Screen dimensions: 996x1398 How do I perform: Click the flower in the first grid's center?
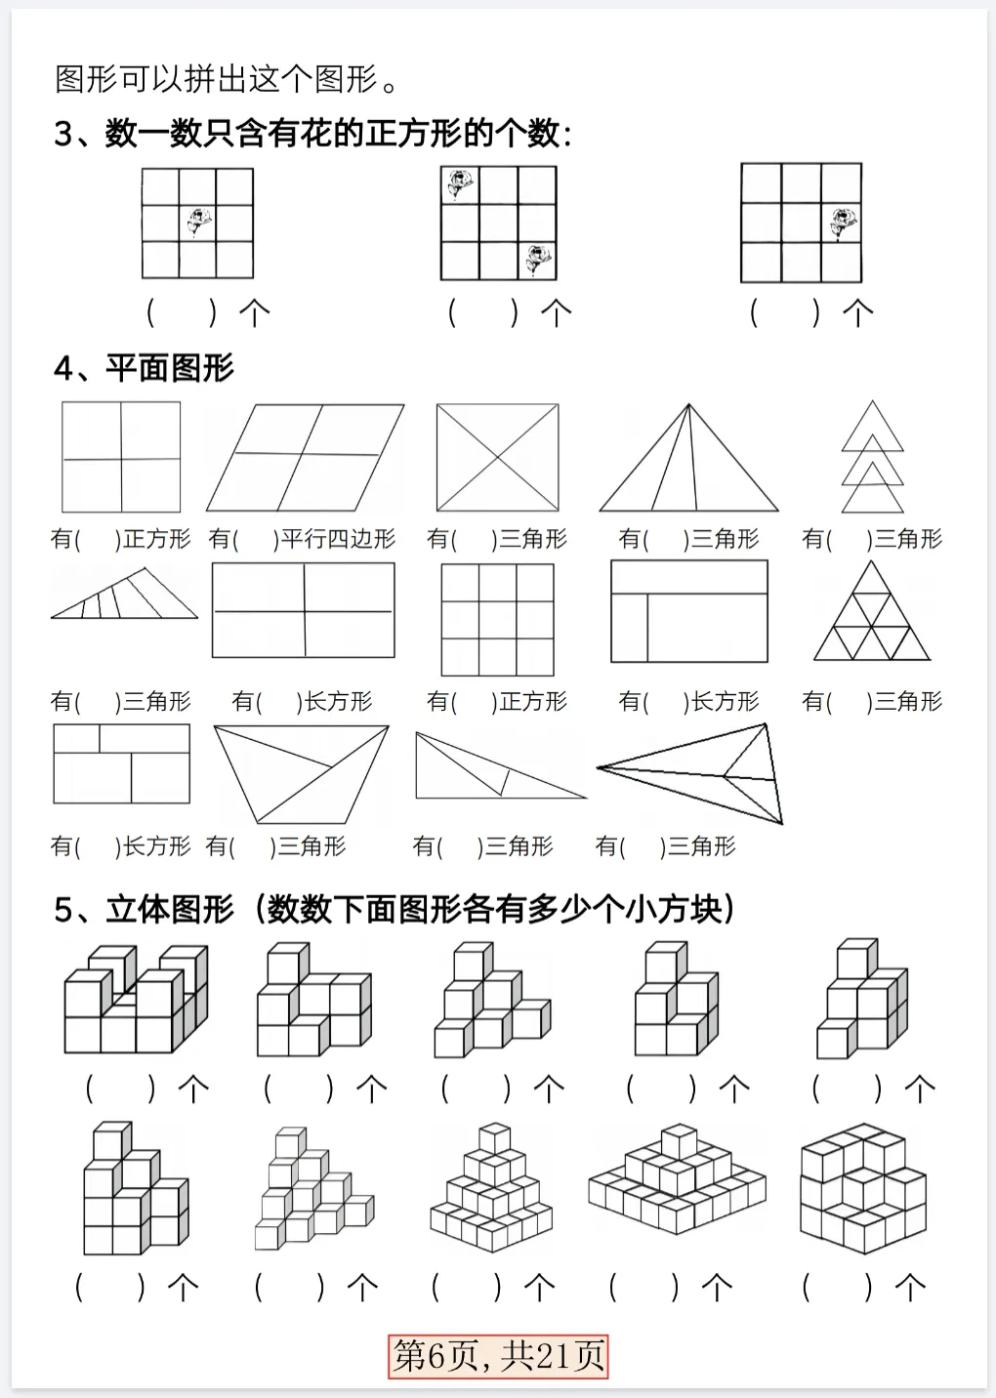[x=199, y=222]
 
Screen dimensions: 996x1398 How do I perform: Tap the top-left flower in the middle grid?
[x=459, y=184]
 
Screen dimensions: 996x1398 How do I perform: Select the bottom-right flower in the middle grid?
[x=536, y=260]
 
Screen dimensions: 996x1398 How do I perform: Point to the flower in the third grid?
[x=842, y=223]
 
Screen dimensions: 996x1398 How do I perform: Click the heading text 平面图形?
[x=170, y=368]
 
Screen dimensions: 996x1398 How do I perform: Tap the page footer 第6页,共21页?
[x=498, y=1355]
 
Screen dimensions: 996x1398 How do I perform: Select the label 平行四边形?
[x=338, y=539]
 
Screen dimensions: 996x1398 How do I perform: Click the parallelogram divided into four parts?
[x=305, y=457]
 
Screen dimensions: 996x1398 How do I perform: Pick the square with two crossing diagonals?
[x=497, y=457]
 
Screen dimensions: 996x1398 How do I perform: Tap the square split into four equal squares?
[x=121, y=457]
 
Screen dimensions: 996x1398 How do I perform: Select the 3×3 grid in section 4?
[x=497, y=620]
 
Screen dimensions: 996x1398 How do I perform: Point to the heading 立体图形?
[x=170, y=909]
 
